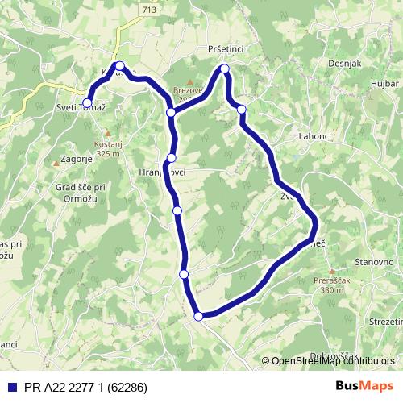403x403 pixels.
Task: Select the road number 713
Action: point(124,10)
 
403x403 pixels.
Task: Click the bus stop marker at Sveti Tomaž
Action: point(87,103)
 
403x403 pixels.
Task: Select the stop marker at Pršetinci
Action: point(225,69)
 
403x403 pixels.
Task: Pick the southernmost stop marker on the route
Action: point(199,316)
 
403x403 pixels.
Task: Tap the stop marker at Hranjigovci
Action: point(172,158)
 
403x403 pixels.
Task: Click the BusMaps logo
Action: point(364,385)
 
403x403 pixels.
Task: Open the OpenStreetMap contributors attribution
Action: point(333,361)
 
